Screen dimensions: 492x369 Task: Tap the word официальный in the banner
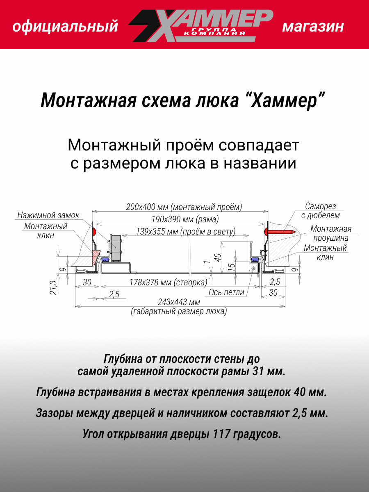pyautogui.click(x=65, y=27)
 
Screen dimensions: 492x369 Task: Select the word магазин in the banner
pyautogui.click(x=313, y=27)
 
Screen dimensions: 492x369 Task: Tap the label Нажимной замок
pyautogui.click(x=48, y=215)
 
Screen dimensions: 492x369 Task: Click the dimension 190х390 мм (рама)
pyautogui.click(x=178, y=219)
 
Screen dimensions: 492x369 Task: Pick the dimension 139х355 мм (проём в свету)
pyautogui.click(x=180, y=232)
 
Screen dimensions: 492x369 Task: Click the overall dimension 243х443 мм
pyautogui.click(x=179, y=303)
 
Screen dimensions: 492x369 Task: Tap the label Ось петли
pyautogui.click(x=226, y=292)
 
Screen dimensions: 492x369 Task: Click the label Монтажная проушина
pyautogui.click(x=330, y=233)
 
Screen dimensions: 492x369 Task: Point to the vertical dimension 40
pyautogui.click(x=218, y=257)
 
